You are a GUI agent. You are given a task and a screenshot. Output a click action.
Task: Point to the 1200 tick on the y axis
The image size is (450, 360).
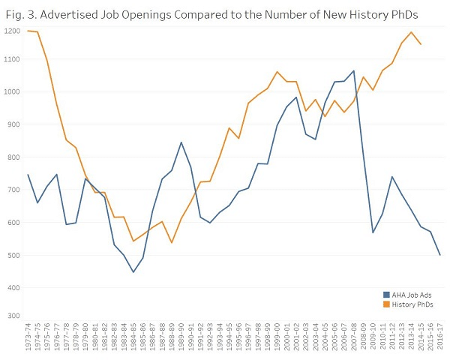pos(11,30)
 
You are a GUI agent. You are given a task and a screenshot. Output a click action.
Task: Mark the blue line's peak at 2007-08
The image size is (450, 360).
pos(353,70)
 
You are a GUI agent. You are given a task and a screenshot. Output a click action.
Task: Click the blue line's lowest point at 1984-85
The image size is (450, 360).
pos(133,272)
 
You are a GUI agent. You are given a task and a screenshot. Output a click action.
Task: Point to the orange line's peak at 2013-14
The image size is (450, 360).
pos(411,32)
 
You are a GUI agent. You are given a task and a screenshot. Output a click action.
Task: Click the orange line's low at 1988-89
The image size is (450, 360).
pos(172,242)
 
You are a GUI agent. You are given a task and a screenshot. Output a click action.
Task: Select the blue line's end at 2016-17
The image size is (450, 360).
pos(439,255)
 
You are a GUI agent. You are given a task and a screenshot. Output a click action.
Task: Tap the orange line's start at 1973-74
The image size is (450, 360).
pos(28,31)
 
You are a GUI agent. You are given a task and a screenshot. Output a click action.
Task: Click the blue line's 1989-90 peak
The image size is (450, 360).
pos(181,142)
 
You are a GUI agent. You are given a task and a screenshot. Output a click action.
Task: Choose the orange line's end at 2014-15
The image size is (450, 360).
pos(421,44)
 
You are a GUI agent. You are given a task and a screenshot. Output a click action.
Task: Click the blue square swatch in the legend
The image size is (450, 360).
pos(386,295)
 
